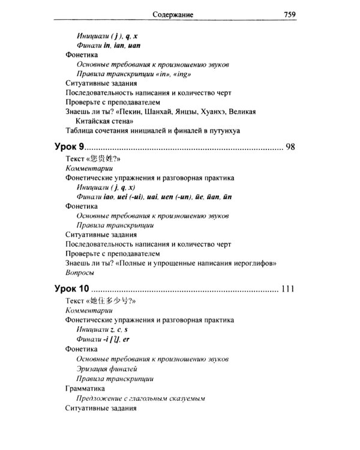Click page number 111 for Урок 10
click(x=287, y=289)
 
